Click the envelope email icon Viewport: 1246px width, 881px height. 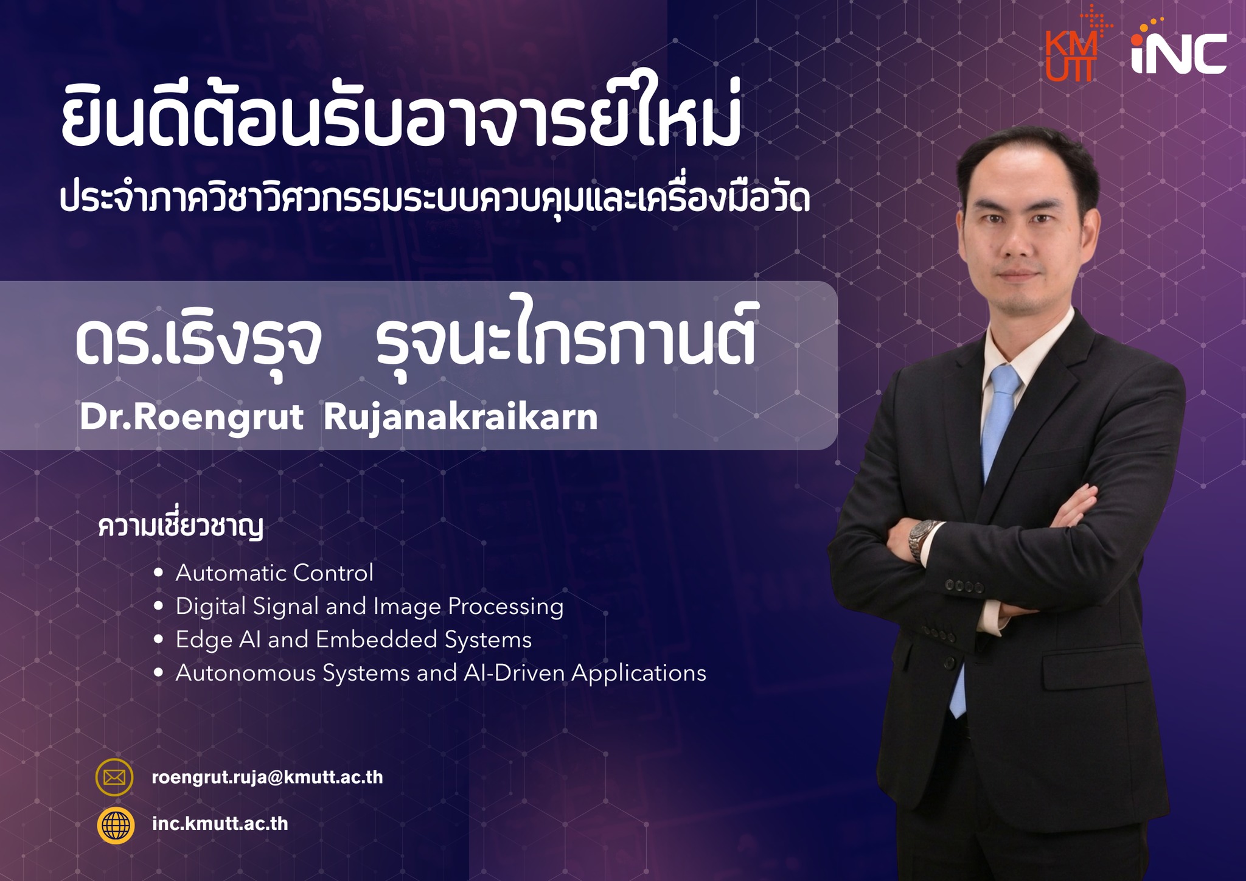click(114, 778)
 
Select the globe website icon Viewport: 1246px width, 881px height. click(116, 825)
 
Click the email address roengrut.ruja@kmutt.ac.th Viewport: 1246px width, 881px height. click(267, 778)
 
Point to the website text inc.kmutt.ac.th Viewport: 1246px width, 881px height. click(220, 824)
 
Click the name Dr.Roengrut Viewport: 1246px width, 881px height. click(191, 417)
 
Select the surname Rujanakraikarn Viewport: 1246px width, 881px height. click(461, 418)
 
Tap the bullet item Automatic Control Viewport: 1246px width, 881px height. click(274, 573)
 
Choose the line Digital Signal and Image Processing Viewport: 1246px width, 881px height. click(369, 607)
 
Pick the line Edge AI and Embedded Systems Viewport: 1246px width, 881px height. click(353, 639)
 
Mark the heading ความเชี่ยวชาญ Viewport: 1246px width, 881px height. click(181, 528)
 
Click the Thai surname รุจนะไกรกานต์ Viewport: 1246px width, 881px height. click(566, 335)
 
